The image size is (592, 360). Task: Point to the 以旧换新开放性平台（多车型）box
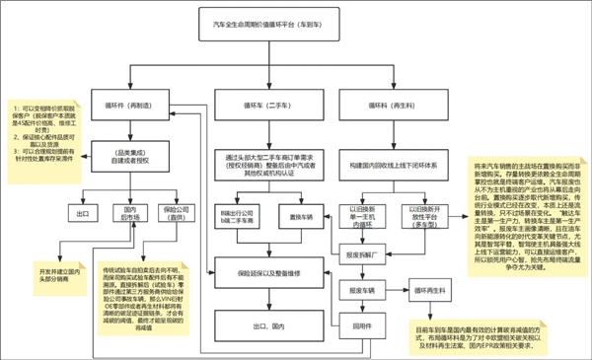tap(417, 215)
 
